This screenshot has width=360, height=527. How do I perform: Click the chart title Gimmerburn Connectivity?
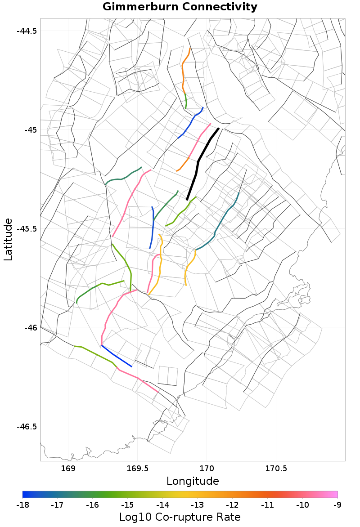tap(180, 7)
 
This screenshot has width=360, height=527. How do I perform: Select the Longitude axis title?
tap(193, 481)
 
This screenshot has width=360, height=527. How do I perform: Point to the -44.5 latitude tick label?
tap(27, 31)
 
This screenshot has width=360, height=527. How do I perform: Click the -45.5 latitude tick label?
tap(27, 228)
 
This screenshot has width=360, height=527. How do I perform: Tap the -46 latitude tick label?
tap(30, 327)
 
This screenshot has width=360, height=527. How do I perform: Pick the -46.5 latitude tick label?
tap(27, 426)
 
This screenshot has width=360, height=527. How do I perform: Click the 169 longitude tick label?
tap(68, 469)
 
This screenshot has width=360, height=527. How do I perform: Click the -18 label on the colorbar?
tap(22, 505)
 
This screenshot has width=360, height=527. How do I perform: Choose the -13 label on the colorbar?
tap(198, 505)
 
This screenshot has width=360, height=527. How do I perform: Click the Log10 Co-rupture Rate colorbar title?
tap(180, 517)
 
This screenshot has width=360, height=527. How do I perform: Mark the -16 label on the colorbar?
tap(92, 505)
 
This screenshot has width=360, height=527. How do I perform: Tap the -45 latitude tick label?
tap(30, 130)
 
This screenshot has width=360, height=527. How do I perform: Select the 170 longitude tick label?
tap(207, 469)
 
